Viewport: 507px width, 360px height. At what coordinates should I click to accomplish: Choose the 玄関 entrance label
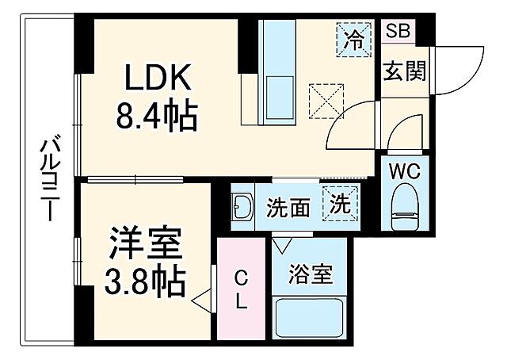[405, 71]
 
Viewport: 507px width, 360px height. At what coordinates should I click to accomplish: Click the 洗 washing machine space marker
[340, 204]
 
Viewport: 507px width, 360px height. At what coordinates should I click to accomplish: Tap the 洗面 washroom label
[288, 209]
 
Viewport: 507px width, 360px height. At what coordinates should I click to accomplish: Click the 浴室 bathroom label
[311, 278]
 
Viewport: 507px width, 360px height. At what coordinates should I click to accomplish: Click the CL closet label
[242, 290]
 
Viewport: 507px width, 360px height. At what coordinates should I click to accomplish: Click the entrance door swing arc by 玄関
[459, 63]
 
